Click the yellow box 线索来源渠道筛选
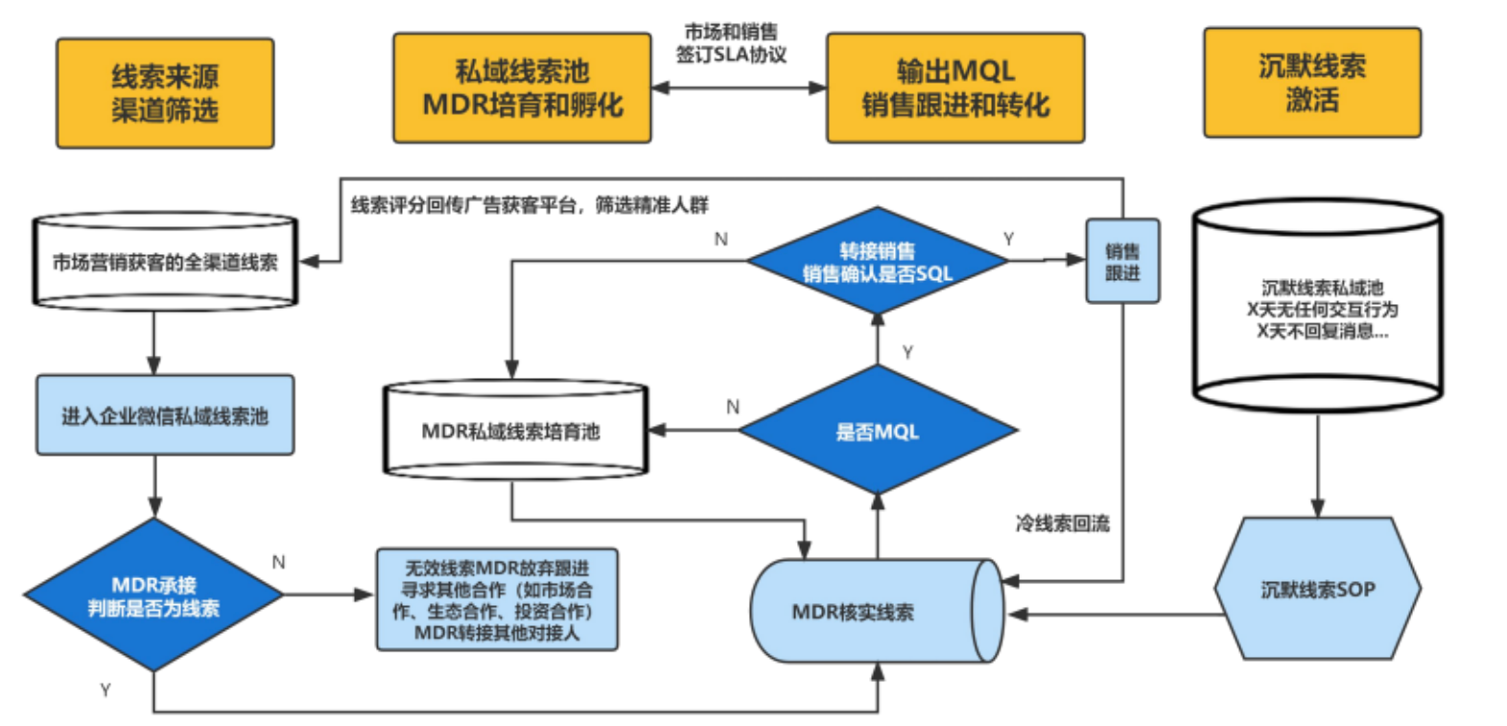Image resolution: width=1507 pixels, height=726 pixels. point(165,93)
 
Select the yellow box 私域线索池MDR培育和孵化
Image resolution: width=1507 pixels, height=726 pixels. point(522,88)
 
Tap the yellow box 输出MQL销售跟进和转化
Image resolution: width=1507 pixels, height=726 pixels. point(955,88)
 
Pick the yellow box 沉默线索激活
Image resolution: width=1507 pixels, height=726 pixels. point(1311,82)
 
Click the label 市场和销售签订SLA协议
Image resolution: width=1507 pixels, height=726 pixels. point(731,44)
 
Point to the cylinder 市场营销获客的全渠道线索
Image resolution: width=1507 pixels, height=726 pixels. point(165,262)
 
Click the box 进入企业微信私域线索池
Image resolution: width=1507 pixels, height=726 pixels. point(165,415)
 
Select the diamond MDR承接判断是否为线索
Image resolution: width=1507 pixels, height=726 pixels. point(153,596)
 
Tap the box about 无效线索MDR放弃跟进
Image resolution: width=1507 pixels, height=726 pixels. point(497,600)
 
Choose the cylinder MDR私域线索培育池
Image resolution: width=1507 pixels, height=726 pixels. point(515,432)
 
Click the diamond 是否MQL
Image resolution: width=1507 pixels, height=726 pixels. point(877,432)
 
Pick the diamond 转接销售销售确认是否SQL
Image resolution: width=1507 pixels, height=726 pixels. point(877,262)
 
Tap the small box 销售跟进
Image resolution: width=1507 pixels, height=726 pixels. point(1122,262)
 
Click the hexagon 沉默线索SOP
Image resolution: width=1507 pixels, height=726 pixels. point(1317,589)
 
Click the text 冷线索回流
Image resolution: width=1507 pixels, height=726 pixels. point(1062,524)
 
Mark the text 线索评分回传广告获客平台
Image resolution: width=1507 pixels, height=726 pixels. point(530,204)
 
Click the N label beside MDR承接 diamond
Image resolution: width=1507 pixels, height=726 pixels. point(278,562)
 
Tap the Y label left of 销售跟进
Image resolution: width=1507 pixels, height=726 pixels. point(1008,239)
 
